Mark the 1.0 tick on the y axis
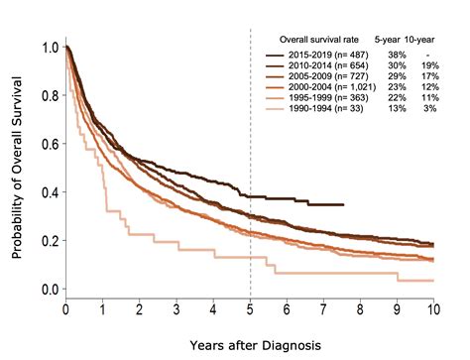(47, 48)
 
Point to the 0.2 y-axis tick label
(47, 241)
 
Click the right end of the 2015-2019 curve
(342, 204)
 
